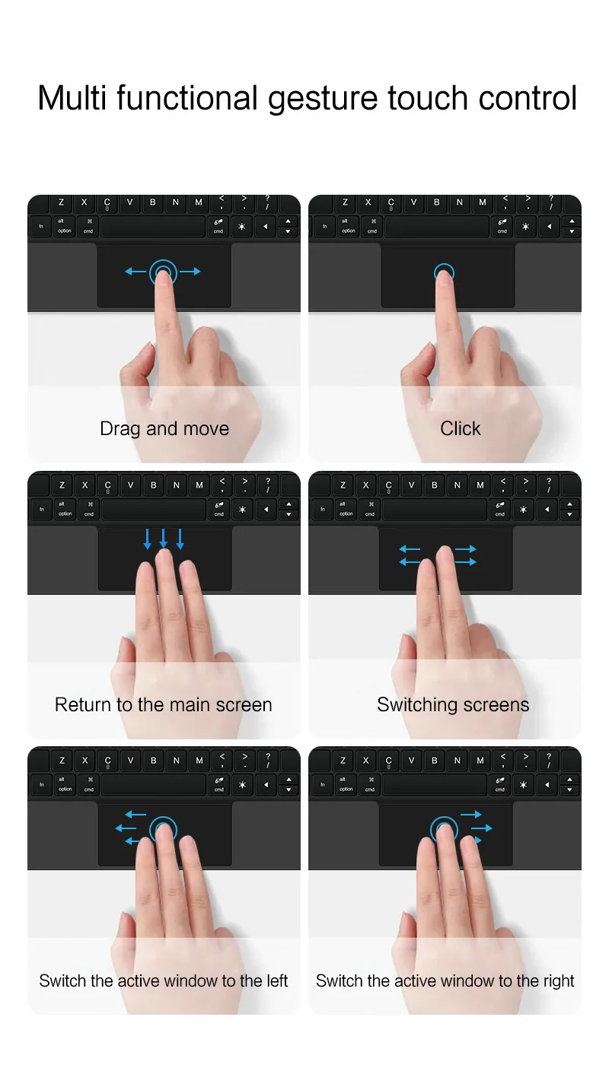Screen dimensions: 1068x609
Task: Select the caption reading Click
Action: pos(460,428)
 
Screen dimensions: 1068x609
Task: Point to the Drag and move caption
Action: pos(164,428)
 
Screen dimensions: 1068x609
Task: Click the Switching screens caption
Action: pos(453,704)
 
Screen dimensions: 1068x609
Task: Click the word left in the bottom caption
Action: pos(276,981)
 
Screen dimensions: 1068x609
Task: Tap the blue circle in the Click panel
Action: pos(444,272)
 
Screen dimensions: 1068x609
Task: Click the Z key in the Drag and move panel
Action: pos(61,202)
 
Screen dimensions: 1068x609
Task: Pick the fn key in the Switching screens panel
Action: pos(323,509)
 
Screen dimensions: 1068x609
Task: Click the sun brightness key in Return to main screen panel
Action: pos(242,510)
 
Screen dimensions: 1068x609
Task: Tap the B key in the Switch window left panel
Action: pos(153,760)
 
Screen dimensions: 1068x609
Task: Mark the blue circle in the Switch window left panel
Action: pos(163,828)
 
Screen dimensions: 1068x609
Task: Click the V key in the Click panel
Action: pos(413,202)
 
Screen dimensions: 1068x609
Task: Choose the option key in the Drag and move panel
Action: pos(65,227)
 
